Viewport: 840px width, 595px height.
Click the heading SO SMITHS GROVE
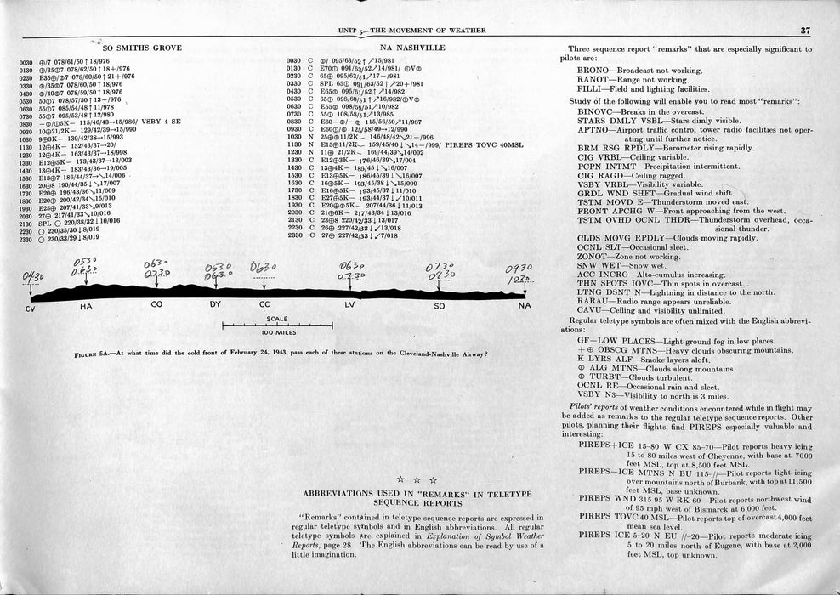point(142,48)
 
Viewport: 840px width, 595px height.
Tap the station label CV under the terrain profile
point(31,306)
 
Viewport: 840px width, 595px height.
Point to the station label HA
point(86,306)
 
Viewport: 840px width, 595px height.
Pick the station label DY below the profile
point(214,305)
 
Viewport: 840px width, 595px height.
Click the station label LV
point(350,305)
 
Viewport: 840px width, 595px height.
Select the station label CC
point(264,305)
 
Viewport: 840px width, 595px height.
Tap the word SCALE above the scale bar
point(277,320)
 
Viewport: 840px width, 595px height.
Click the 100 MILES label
point(277,332)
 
